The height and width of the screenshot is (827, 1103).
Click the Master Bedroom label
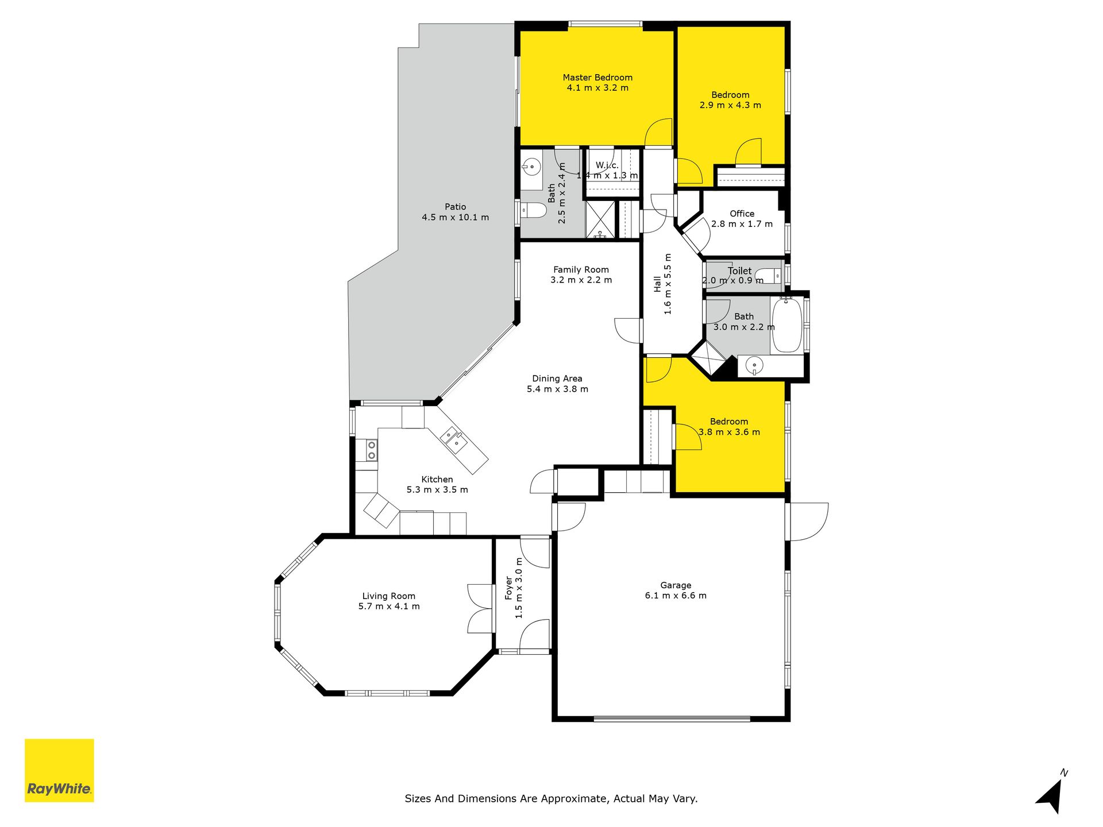click(x=597, y=78)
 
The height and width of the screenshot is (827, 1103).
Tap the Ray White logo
click(x=59, y=770)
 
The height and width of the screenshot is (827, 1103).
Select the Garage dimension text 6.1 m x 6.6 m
click(x=676, y=596)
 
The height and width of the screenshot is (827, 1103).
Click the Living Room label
click(x=389, y=596)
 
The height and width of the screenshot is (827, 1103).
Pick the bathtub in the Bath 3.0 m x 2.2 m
click(x=786, y=325)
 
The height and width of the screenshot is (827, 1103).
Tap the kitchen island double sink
click(x=453, y=439)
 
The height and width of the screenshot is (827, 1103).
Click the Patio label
click(x=456, y=207)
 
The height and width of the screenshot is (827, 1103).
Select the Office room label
click(x=742, y=214)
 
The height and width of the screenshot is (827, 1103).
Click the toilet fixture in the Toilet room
click(x=769, y=276)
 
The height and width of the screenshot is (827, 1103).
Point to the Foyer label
click(x=508, y=588)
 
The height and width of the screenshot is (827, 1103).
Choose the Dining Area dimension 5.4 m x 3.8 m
click(x=558, y=389)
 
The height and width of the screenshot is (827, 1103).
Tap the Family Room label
click(x=581, y=269)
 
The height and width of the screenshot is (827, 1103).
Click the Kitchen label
click(x=437, y=480)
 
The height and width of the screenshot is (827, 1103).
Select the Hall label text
click(x=657, y=284)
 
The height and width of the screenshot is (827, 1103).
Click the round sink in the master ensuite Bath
click(x=531, y=168)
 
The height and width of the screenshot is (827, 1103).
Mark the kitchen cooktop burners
click(x=372, y=450)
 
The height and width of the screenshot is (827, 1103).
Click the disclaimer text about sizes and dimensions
click(x=551, y=798)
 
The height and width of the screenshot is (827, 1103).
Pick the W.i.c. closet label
click(x=607, y=165)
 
